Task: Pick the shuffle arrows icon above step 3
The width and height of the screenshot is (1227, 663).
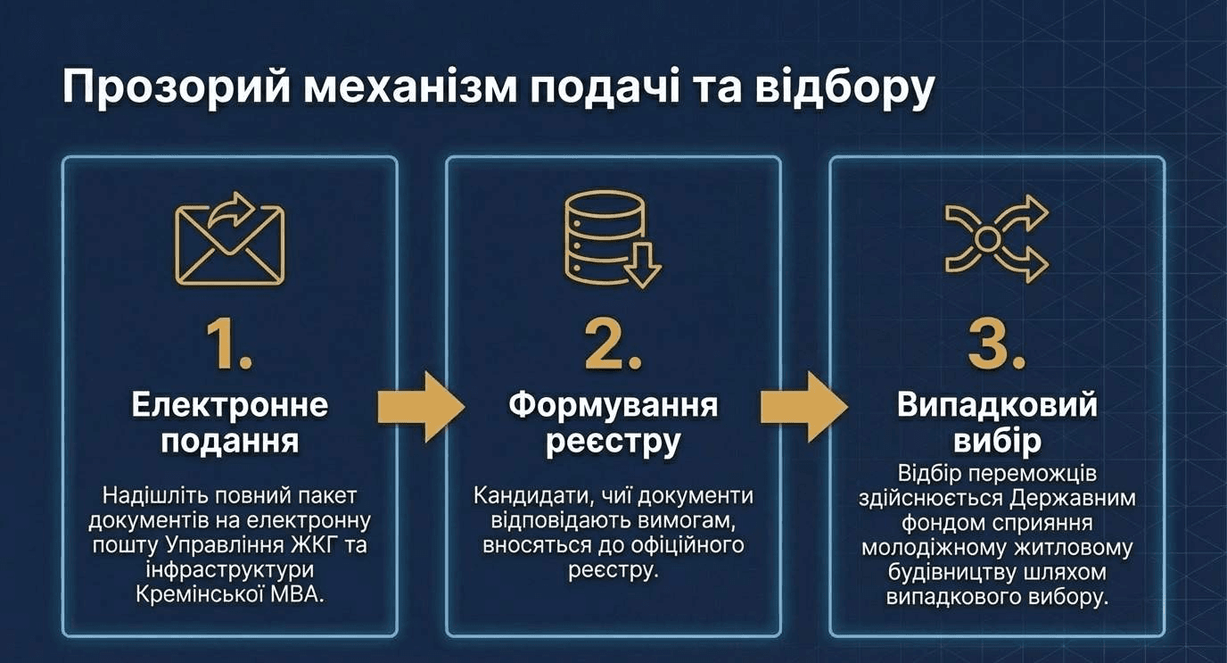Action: [996, 238]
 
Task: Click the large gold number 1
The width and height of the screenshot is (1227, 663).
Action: [228, 345]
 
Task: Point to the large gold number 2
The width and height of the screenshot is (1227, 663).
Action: [613, 345]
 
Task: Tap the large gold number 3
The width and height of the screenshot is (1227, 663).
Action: [996, 345]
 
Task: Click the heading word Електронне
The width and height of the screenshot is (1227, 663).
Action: [230, 405]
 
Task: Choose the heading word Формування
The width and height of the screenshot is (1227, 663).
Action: [613, 405]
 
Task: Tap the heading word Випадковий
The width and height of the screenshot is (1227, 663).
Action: [997, 405]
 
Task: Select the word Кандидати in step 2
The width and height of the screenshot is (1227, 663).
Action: [527, 495]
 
